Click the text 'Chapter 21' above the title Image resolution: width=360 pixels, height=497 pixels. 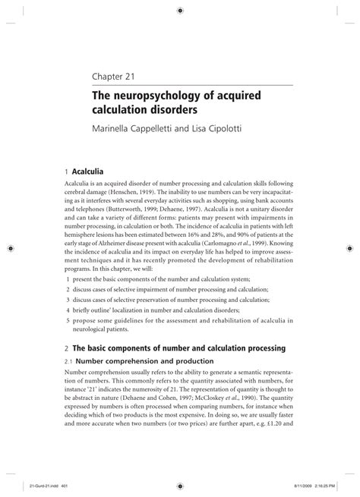point(115,77)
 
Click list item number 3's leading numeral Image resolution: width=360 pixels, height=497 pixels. point(68,300)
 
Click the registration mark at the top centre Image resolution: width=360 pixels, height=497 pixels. point(180,11)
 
